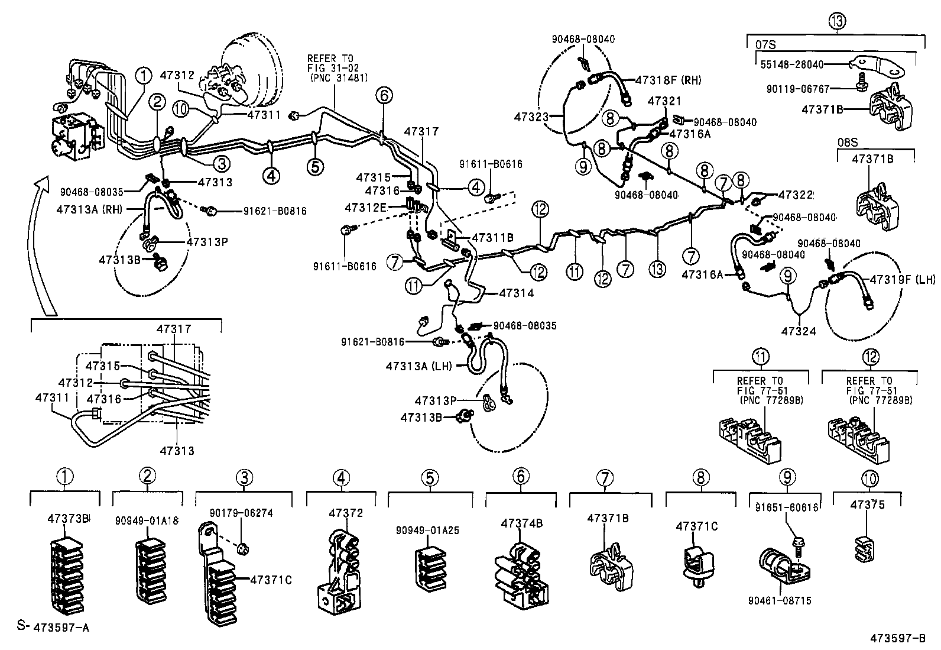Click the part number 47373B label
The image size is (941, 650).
coord(68,519)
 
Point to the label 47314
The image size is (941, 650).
coord(516,293)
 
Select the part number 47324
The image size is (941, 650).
coord(798,331)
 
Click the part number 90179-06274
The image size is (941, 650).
coord(242,513)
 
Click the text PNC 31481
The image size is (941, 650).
coord(338,77)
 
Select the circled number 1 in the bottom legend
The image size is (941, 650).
coord(65,476)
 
